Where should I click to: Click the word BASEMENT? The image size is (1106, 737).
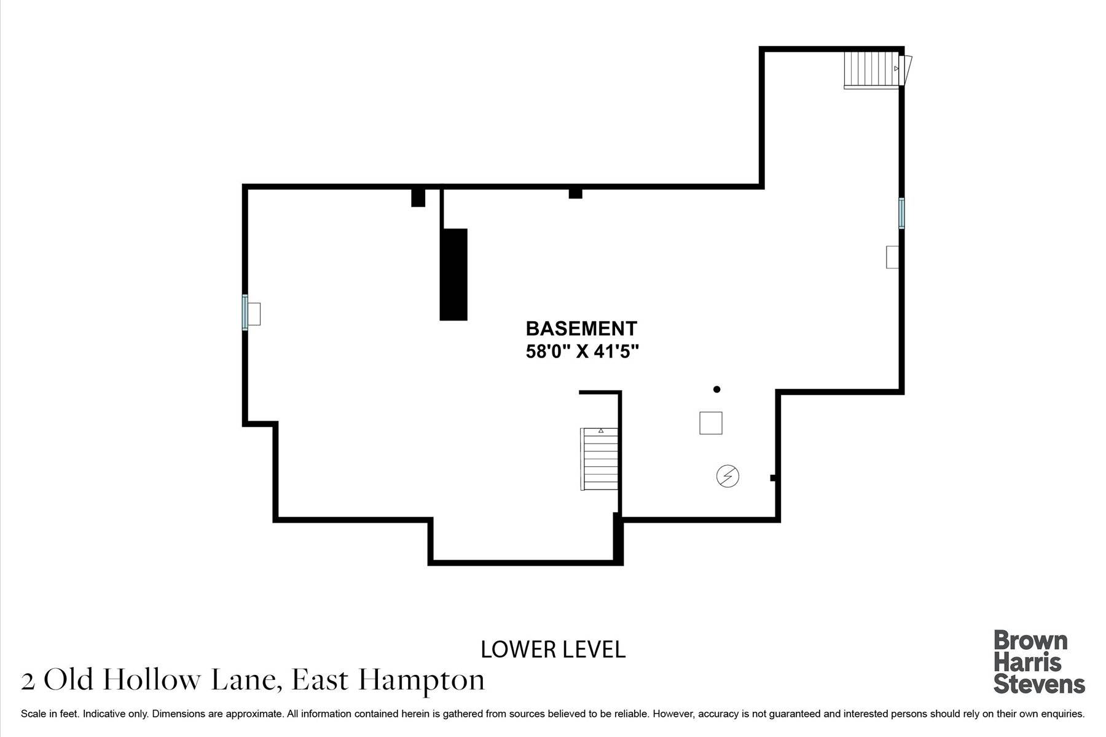(x=581, y=329)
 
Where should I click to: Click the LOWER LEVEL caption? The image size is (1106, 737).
(x=553, y=650)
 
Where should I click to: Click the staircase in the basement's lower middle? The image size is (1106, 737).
(x=599, y=459)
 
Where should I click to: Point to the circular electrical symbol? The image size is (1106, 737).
(x=728, y=476)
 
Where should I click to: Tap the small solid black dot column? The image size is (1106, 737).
(x=716, y=389)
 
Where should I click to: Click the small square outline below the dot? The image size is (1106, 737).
(x=711, y=423)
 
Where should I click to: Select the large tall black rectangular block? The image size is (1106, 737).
(x=453, y=274)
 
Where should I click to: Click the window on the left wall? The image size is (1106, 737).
(x=245, y=313)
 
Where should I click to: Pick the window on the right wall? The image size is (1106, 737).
(x=901, y=213)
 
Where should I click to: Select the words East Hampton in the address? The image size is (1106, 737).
(x=388, y=680)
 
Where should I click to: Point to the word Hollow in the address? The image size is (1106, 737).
(x=154, y=680)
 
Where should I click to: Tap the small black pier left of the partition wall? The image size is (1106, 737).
(x=418, y=198)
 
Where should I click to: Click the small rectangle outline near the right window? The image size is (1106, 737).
(x=892, y=257)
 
